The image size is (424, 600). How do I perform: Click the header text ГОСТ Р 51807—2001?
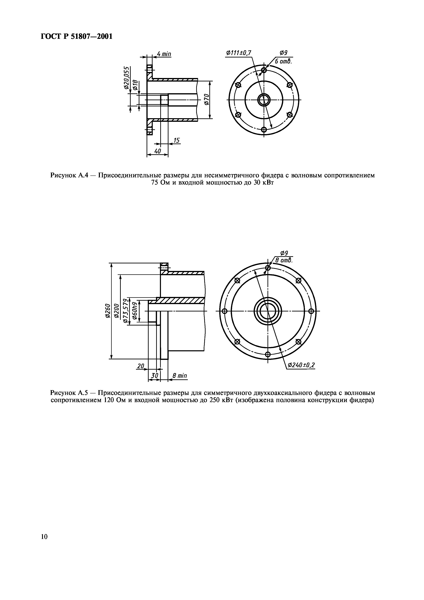coord(77,36)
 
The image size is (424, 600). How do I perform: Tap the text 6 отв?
coord(283,61)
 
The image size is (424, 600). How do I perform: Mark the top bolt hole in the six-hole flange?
coord(264,70)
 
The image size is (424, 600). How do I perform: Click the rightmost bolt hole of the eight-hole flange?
coord(311,311)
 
